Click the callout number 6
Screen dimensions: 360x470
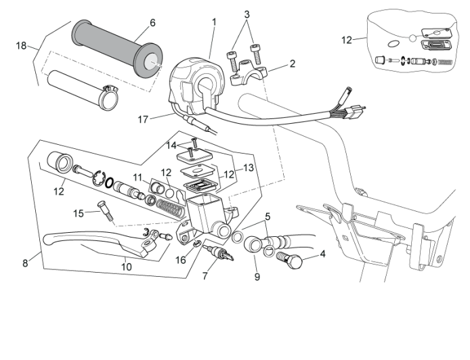click(152, 22)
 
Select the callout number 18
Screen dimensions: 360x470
click(22, 45)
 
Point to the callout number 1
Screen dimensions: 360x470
click(214, 22)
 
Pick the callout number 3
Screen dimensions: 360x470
click(247, 14)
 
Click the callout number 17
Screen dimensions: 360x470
click(142, 120)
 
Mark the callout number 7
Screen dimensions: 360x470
click(205, 277)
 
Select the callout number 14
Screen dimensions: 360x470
click(171, 145)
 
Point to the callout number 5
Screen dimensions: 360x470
click(268, 217)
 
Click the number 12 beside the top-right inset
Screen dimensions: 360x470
click(347, 40)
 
